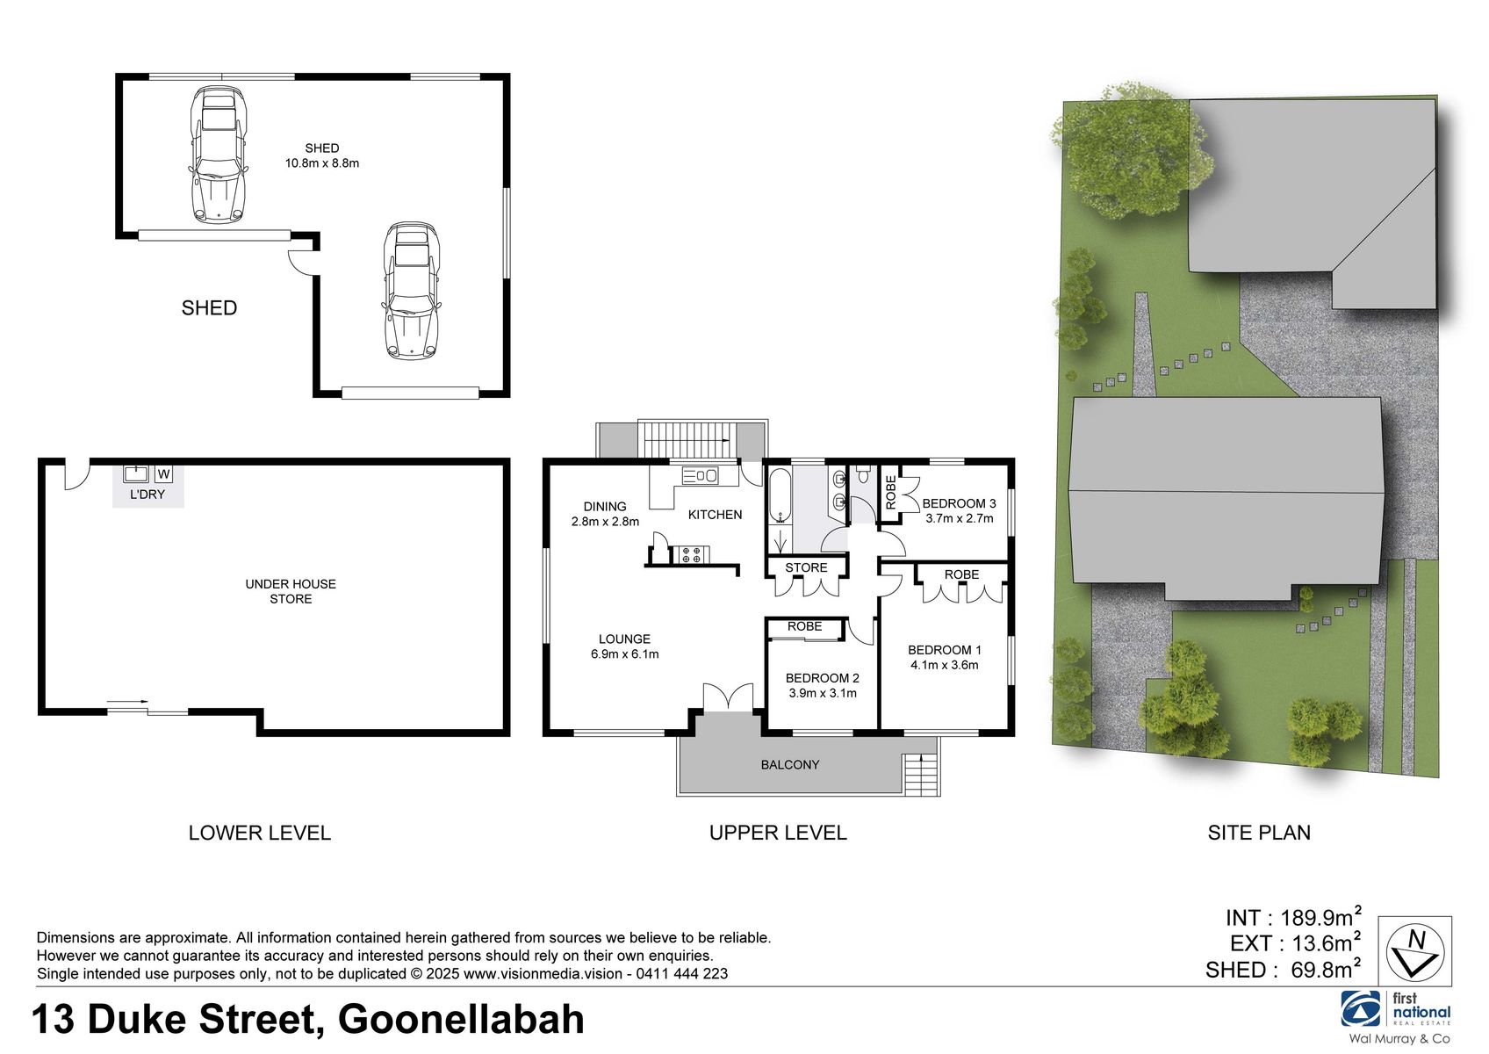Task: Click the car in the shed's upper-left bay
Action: [x=219, y=155]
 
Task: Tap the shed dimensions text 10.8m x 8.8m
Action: [x=321, y=163]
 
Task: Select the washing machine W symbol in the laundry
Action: [x=163, y=474]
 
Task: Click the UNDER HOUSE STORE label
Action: [x=291, y=591]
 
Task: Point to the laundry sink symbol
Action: [x=136, y=474]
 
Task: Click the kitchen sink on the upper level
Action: [x=701, y=476]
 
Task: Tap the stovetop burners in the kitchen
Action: [x=691, y=555]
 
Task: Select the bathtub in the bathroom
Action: [x=780, y=497]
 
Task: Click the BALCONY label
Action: [x=789, y=765]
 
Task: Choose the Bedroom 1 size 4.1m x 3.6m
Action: [x=944, y=665]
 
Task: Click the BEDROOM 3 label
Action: [x=959, y=503]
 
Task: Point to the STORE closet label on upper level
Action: [x=806, y=567]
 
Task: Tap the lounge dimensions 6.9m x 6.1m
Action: [x=624, y=654]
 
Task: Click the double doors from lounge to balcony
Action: [x=728, y=697]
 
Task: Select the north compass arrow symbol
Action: [x=1414, y=952]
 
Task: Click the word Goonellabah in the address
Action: [x=461, y=1020]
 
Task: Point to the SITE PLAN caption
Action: [x=1258, y=833]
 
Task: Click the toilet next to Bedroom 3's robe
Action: [x=863, y=476]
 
